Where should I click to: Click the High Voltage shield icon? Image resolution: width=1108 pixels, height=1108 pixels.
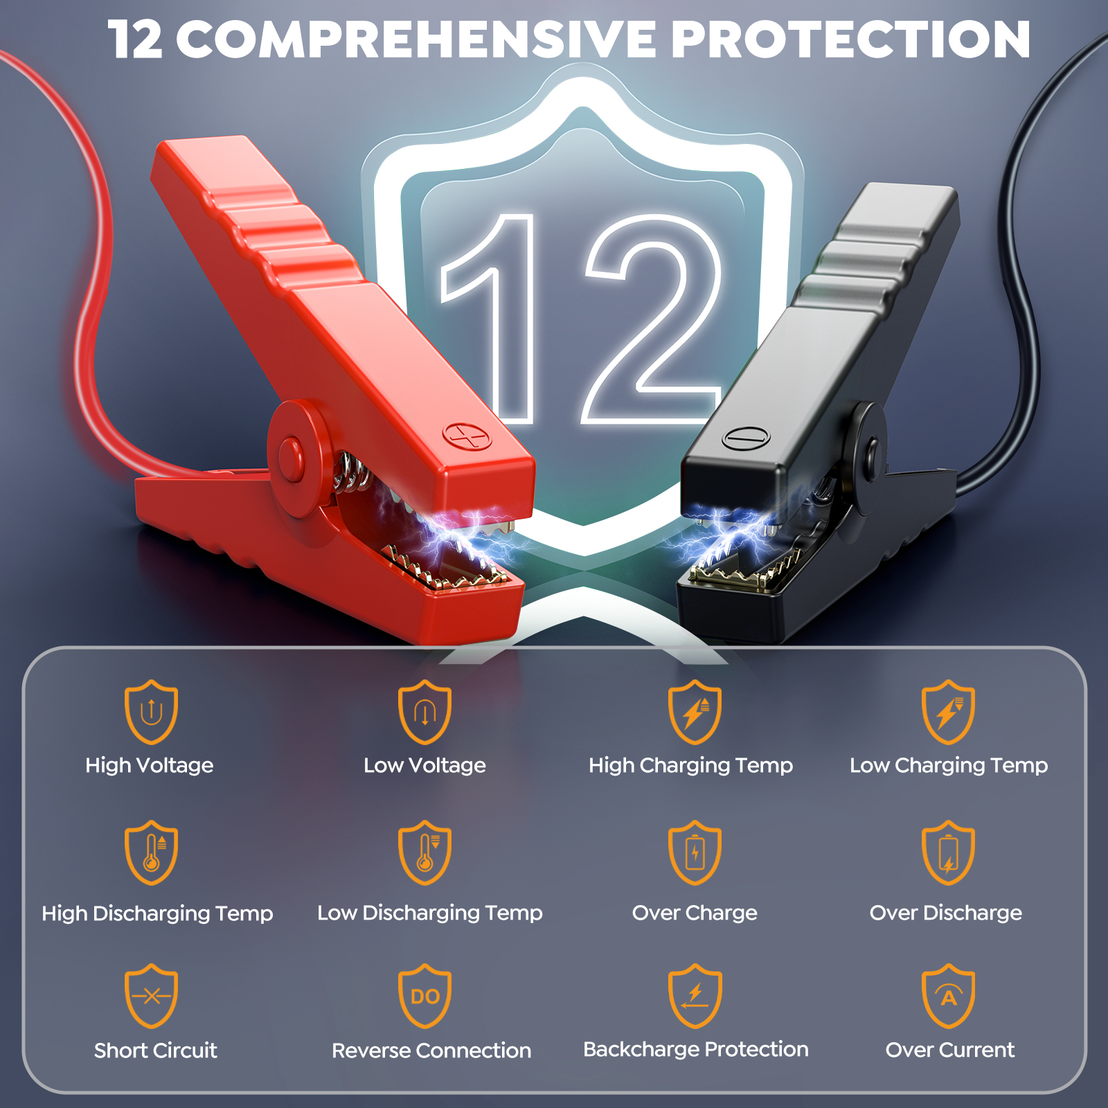click(x=151, y=712)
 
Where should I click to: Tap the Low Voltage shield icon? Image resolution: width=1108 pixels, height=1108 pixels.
click(x=425, y=712)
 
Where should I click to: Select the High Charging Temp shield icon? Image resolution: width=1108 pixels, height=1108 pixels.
click(x=695, y=712)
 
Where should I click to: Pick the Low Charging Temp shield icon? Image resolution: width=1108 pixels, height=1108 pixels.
click(x=948, y=712)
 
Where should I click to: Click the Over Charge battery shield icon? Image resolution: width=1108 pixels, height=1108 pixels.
click(x=695, y=853)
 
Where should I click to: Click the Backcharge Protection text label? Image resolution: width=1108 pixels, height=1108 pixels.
click(x=696, y=1050)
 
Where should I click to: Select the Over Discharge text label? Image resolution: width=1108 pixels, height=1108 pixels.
click(x=946, y=913)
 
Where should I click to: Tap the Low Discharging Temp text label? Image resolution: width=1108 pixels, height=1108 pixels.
click(x=430, y=913)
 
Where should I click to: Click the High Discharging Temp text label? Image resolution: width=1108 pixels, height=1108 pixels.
click(x=157, y=913)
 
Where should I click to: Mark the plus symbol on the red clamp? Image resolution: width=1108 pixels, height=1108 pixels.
click(x=467, y=436)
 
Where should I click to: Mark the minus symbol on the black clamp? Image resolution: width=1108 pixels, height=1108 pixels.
click(x=746, y=438)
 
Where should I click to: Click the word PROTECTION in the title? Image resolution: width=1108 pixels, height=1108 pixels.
click(x=850, y=39)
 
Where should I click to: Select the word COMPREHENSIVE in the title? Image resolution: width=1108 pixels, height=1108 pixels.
click(x=416, y=39)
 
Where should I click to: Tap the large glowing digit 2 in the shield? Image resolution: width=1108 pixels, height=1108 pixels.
click(x=652, y=319)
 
